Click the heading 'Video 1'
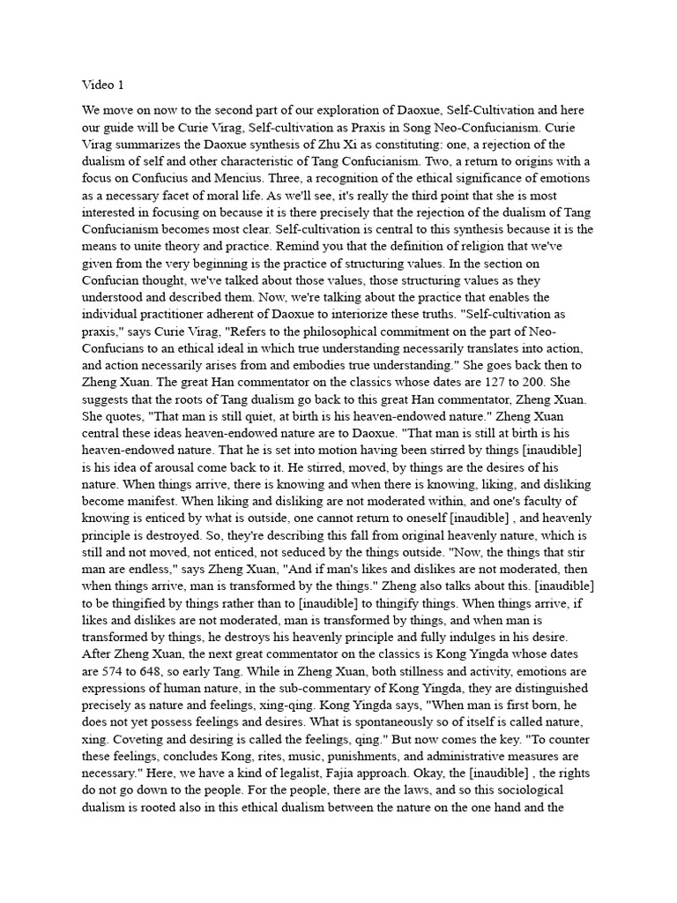[x=103, y=86]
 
